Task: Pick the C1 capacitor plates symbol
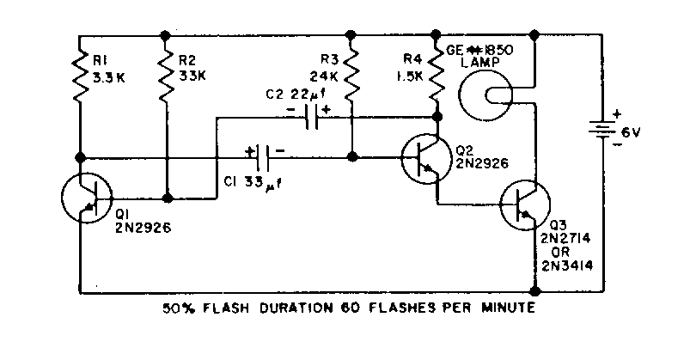coord(266,157)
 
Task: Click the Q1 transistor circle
coord(87,197)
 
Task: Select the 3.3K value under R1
coord(109,77)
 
